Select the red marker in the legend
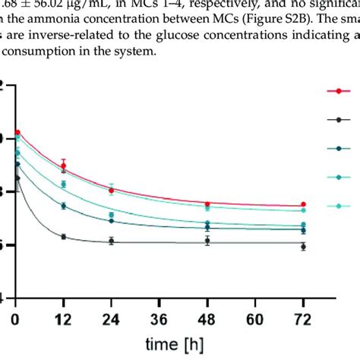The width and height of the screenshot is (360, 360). (338, 91)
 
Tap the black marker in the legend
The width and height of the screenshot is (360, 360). (338, 119)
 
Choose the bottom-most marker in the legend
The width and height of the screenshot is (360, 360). (338, 205)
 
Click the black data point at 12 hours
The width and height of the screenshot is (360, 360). (64, 237)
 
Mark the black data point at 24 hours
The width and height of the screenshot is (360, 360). (112, 242)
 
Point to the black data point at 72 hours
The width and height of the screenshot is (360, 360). (303, 247)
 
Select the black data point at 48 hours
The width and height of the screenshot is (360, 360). (207, 241)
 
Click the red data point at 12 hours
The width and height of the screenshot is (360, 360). (64, 166)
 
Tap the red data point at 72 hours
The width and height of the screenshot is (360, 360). (303, 204)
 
